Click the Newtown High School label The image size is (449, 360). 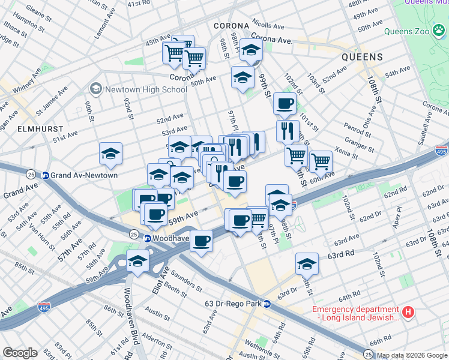[x=146, y=89]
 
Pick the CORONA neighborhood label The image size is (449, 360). [x=231, y=26]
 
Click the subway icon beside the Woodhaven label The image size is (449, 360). [x=147, y=238]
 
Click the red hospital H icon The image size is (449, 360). [x=408, y=312]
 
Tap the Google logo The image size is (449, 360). [x=20, y=353]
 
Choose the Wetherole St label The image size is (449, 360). [x=260, y=347]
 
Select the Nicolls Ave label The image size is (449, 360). [x=268, y=26]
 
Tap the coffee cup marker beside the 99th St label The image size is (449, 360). [x=285, y=103]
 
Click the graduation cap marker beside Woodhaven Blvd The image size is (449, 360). [x=138, y=262]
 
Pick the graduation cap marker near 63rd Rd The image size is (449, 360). [x=307, y=263]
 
